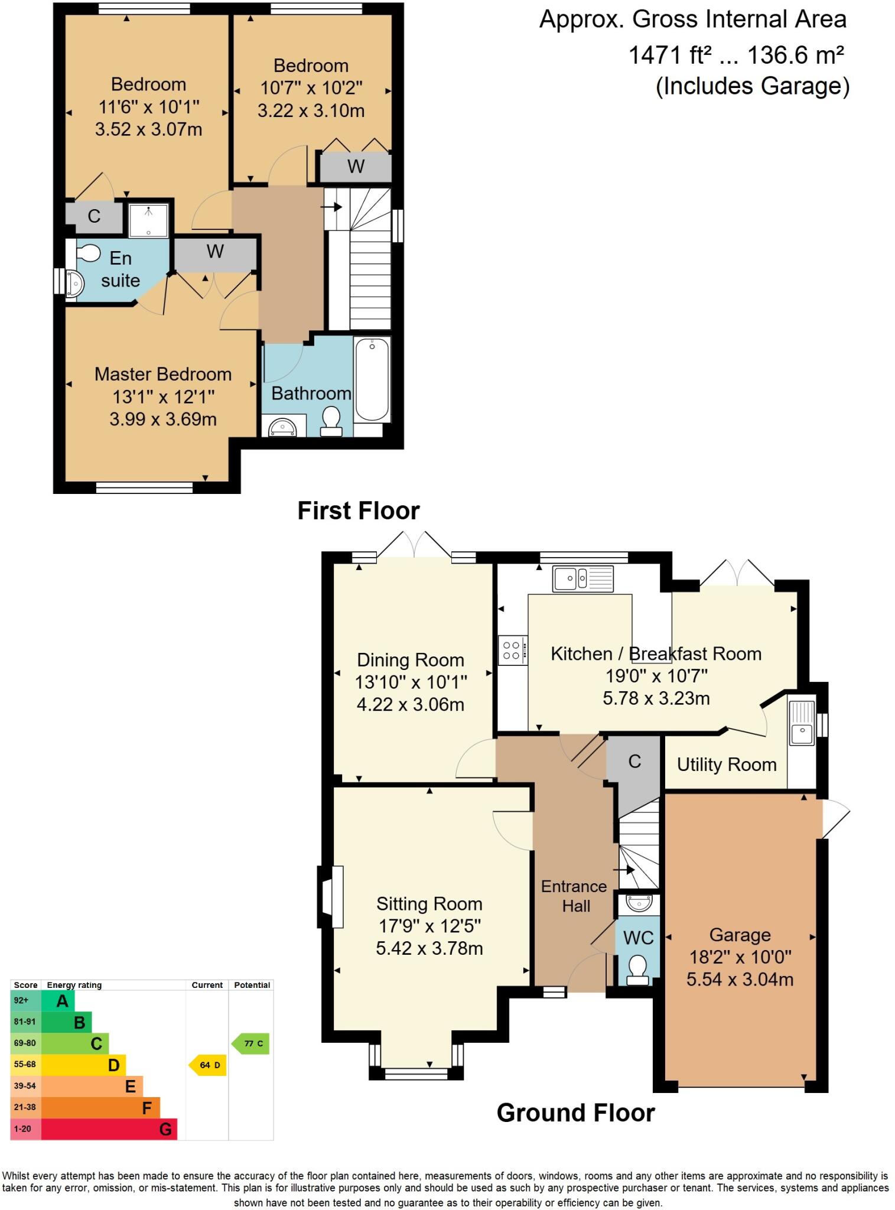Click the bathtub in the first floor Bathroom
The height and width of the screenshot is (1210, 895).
[372, 378]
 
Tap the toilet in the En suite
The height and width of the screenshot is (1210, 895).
[87, 253]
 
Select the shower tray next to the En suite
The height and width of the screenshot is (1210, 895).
[148, 220]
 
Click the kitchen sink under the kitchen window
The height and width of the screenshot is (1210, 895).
[583, 578]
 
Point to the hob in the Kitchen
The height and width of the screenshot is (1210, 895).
[512, 650]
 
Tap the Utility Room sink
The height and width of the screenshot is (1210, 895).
[802, 724]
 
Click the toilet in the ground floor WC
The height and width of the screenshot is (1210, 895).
[637, 970]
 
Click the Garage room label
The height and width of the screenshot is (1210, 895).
[740, 935]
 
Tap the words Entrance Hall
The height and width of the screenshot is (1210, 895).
[574, 896]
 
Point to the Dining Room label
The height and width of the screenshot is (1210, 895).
[411, 660]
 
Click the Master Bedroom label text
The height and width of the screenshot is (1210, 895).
[163, 374]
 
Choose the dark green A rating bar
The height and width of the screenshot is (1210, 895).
[58, 1001]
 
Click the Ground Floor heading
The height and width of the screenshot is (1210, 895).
[575, 1113]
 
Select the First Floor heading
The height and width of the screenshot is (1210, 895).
[358, 510]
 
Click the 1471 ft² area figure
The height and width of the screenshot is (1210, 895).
[670, 56]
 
